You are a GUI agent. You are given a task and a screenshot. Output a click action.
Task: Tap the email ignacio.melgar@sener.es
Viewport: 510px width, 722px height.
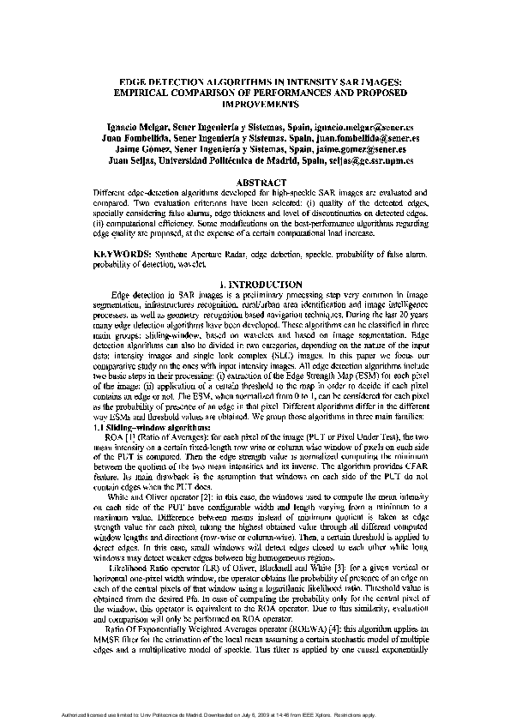click(x=368, y=126)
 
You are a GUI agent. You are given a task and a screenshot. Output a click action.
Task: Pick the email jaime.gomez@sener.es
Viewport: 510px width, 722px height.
click(x=361, y=148)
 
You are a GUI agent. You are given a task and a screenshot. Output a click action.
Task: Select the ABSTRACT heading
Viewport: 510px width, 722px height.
click(x=255, y=183)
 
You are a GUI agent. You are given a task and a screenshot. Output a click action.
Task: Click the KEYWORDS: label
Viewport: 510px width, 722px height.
click(x=123, y=256)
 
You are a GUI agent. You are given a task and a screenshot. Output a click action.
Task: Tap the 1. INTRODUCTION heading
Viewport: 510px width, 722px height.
click(x=255, y=283)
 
